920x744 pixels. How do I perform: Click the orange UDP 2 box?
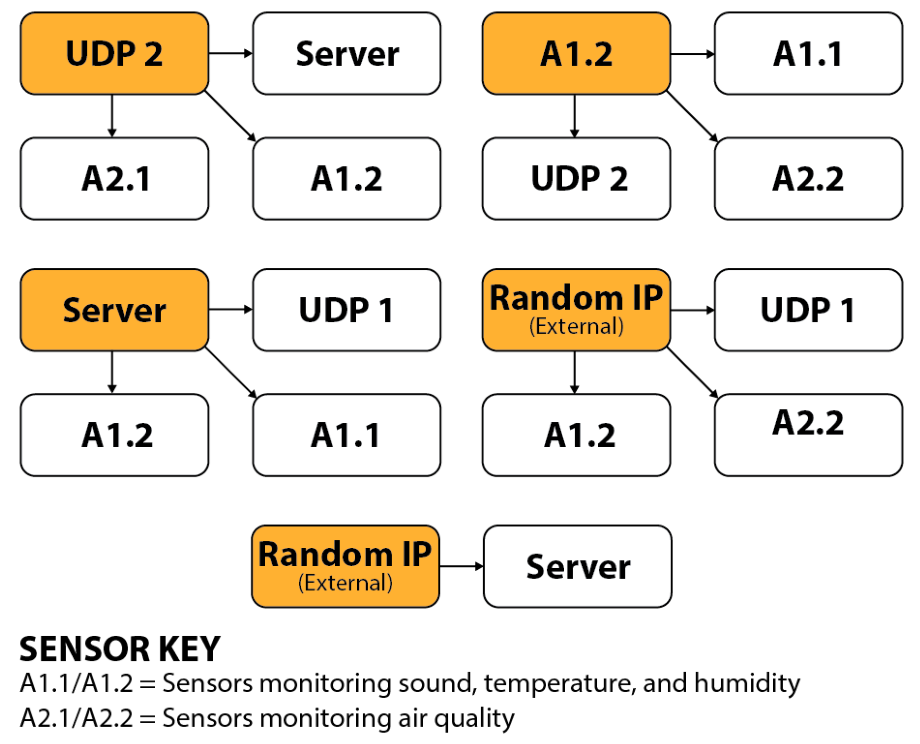click(x=114, y=53)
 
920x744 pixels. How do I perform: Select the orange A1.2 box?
click(x=575, y=53)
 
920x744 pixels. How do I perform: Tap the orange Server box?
click(x=114, y=309)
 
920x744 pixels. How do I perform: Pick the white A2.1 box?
click(x=114, y=178)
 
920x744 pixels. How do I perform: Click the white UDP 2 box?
click(x=575, y=178)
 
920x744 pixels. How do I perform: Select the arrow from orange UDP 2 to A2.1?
click(x=112, y=116)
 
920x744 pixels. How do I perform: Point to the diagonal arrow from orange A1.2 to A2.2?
click(x=691, y=116)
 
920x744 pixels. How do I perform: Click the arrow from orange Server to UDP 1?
click(x=230, y=309)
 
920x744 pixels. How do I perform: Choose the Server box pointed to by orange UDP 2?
click(x=346, y=53)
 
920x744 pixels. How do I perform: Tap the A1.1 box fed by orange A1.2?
click(x=808, y=53)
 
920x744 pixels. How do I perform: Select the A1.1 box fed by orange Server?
click(x=346, y=435)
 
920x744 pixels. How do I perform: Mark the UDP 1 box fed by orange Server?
click(x=346, y=309)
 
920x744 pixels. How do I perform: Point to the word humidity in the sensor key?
click(x=746, y=683)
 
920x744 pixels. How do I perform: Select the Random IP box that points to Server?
click(x=345, y=566)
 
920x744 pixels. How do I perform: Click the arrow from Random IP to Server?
click(x=461, y=566)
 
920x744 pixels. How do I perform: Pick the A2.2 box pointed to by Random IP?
click(x=808, y=435)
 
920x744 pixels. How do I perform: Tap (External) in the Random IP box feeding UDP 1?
click(x=576, y=327)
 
